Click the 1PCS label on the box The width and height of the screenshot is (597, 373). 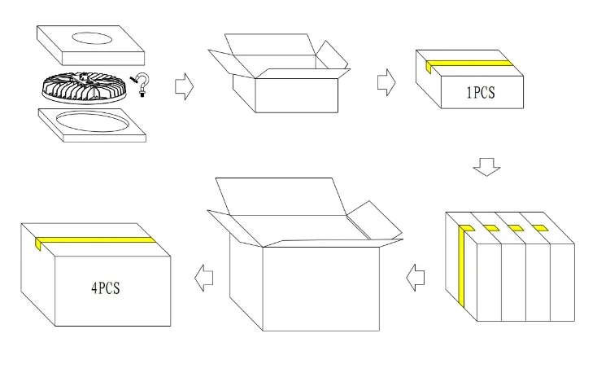481,93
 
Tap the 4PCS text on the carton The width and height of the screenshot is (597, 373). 106,288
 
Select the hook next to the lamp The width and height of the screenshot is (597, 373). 142,85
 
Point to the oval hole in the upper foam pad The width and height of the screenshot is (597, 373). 92,38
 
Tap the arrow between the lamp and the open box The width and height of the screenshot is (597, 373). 185,86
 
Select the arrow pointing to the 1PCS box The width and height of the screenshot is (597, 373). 386,82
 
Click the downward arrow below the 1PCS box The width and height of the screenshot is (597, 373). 486,167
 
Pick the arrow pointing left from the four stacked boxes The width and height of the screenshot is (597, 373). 416,278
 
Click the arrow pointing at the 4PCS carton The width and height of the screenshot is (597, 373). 203,278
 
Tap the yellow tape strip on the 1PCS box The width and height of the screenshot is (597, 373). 469,64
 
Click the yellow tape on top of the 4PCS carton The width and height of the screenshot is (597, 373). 95,240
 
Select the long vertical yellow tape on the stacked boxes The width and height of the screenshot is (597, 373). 461,267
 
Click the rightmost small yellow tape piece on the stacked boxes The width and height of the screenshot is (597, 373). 540,228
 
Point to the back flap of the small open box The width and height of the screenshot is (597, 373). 270,45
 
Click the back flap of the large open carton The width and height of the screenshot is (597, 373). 281,197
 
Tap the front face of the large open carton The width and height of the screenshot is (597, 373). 321,289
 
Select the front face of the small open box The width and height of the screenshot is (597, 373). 297,95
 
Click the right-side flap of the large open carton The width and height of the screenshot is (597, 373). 374,221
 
